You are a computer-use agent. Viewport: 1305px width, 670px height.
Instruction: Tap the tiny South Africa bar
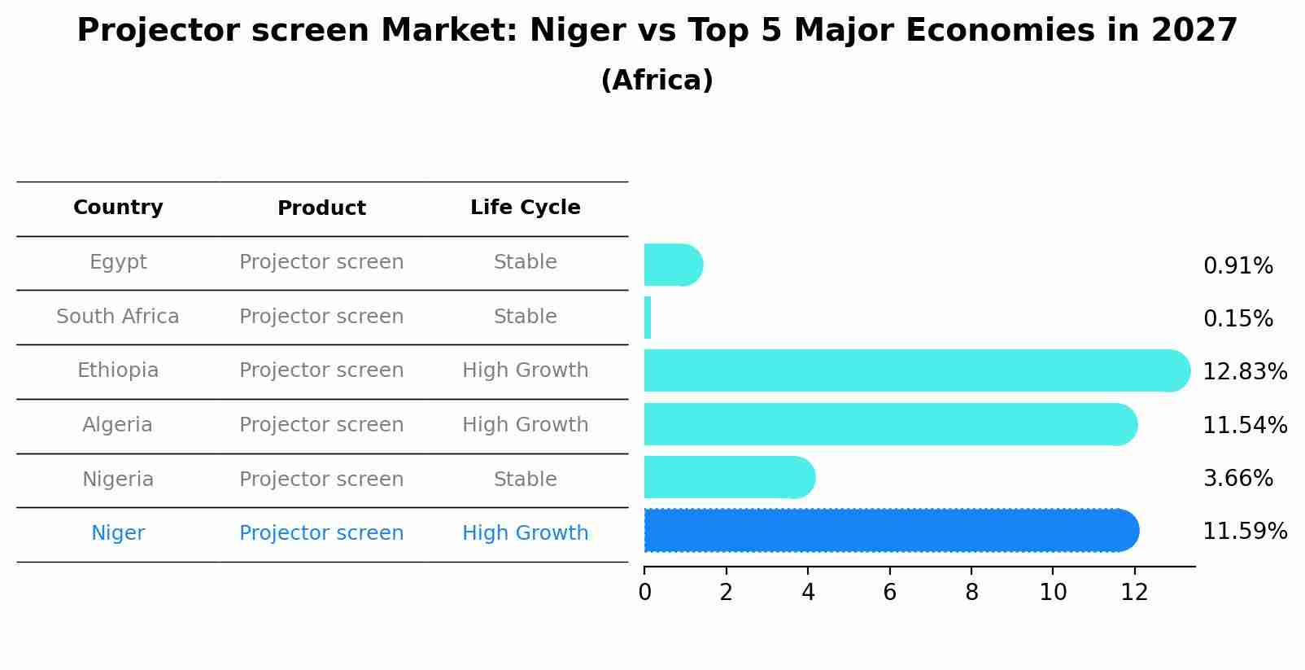pos(648,317)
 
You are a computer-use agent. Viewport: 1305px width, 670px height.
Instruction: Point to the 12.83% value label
pos(1245,372)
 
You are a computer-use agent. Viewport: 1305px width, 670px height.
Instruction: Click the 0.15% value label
pos(1237,319)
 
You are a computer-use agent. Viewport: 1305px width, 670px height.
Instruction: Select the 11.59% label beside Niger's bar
pos(1245,532)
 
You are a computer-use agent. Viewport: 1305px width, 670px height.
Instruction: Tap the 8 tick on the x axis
pos(971,593)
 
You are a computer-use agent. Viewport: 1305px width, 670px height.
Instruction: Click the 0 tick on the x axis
pos(644,593)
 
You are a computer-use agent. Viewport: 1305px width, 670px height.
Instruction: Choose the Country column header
pos(118,208)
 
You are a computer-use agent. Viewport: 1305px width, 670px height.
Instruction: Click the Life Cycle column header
pos(525,208)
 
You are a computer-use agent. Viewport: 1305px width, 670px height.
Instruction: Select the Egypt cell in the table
pos(118,262)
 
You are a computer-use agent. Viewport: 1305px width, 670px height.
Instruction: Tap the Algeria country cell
pos(117,425)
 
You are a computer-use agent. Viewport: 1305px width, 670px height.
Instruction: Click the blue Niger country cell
pos(118,533)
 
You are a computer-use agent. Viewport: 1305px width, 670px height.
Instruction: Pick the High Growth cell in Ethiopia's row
pos(525,370)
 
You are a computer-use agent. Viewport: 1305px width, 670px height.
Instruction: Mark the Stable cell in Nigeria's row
pos(525,480)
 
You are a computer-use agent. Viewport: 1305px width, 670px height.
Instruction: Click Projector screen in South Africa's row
pos(321,317)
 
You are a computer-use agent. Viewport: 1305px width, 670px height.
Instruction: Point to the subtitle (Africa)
pos(657,81)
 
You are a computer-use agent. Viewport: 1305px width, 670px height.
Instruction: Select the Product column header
pos(321,208)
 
